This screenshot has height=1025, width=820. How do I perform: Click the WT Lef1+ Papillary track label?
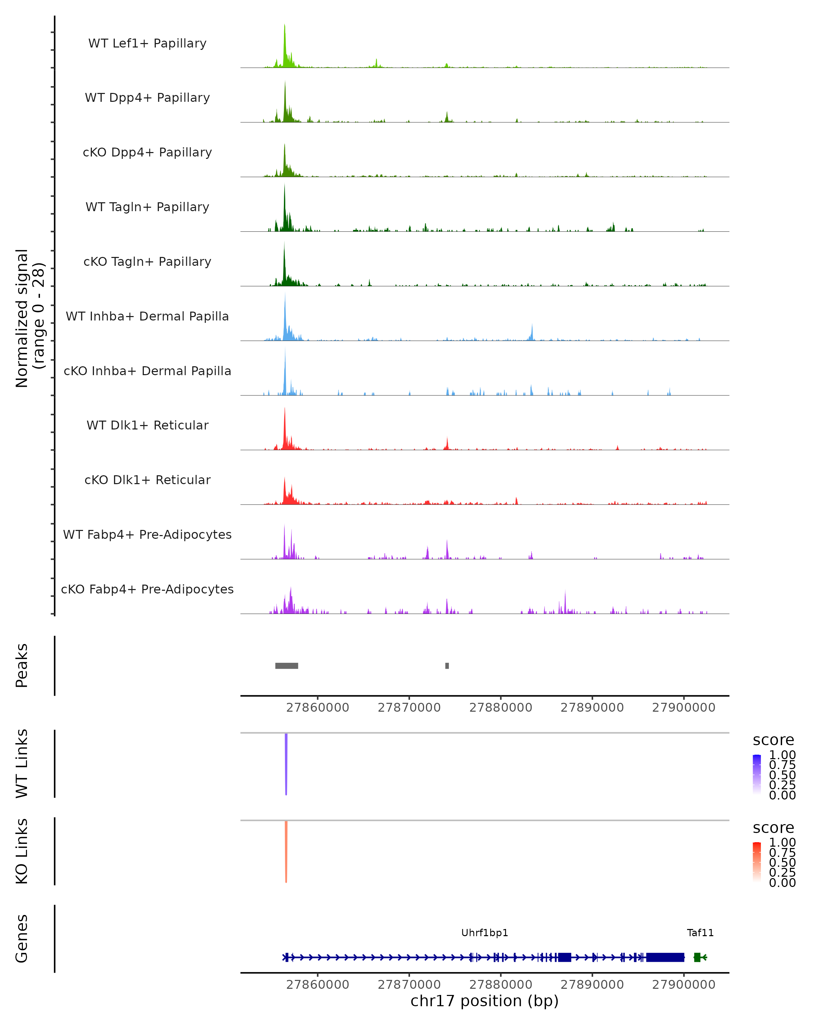(x=147, y=43)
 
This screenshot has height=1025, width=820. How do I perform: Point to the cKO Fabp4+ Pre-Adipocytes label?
(x=147, y=589)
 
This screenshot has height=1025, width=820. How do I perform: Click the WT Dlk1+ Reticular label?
(x=147, y=425)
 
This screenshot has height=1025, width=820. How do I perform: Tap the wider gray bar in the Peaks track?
(x=287, y=666)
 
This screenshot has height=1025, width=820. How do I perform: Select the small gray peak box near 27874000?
(x=447, y=666)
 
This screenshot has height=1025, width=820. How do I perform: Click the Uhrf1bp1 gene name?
(x=485, y=933)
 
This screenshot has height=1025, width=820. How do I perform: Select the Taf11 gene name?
(x=700, y=933)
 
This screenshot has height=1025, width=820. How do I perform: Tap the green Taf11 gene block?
(x=697, y=957)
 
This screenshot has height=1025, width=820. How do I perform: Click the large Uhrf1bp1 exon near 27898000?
(x=665, y=957)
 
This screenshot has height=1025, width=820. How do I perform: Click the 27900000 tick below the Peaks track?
(x=684, y=708)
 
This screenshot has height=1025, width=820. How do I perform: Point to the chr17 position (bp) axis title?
(x=484, y=1001)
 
